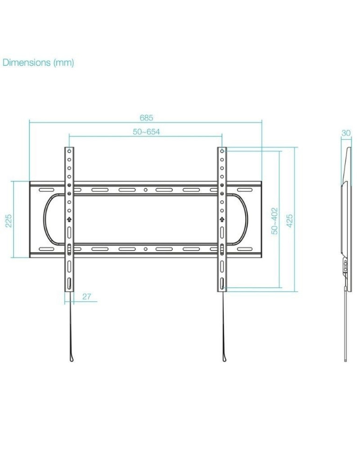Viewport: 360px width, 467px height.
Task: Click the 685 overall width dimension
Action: click(x=146, y=118)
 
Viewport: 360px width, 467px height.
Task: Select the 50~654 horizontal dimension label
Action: click(x=146, y=132)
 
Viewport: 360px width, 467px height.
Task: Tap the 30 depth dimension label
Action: click(x=346, y=133)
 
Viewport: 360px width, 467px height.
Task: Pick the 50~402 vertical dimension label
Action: click(x=275, y=220)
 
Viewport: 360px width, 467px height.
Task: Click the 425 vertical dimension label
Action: click(x=290, y=220)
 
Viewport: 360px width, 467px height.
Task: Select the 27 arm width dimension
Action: click(x=86, y=297)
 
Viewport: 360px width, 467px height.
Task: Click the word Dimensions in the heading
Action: click(x=26, y=63)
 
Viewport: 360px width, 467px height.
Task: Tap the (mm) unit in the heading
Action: click(x=64, y=63)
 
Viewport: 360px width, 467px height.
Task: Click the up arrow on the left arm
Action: click(x=69, y=219)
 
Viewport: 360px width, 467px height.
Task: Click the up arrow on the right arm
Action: click(x=222, y=219)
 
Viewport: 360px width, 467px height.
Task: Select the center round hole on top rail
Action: click(x=146, y=190)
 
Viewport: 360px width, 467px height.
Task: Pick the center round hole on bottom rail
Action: click(x=146, y=249)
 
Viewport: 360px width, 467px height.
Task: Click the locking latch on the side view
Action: click(x=345, y=268)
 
